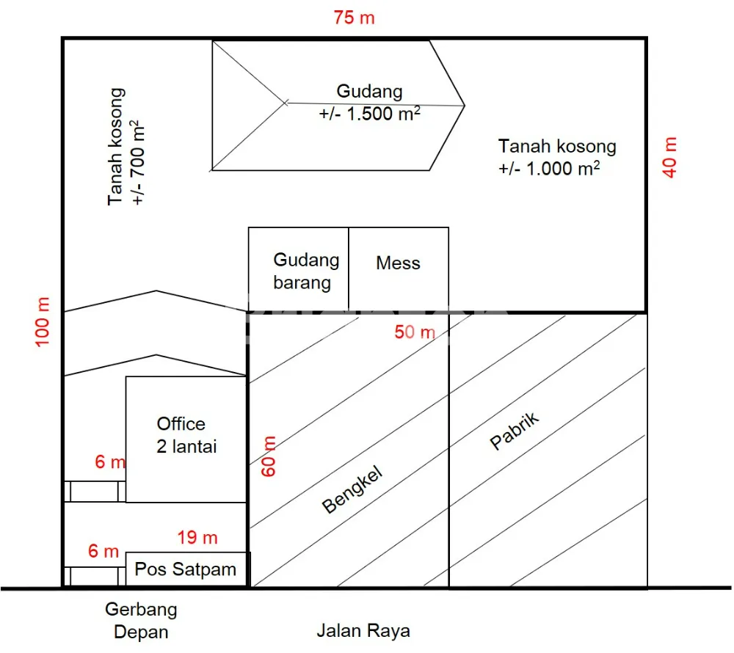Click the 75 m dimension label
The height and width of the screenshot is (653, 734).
point(354,18)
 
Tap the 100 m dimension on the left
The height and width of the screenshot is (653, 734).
point(42,322)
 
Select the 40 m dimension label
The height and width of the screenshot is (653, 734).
point(669,157)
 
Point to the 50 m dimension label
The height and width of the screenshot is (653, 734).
point(415,332)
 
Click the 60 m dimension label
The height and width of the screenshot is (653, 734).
point(268,456)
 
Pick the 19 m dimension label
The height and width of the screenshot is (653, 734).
point(197,538)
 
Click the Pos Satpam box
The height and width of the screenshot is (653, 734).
point(186,569)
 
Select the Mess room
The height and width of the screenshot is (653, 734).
point(399,269)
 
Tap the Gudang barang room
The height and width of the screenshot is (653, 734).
point(298,269)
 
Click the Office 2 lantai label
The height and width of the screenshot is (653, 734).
point(186,435)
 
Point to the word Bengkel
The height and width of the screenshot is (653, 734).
point(352,489)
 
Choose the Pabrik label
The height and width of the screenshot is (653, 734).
point(514,431)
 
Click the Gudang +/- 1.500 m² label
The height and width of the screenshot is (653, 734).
point(369,103)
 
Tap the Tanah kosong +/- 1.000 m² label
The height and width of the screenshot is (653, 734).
point(557,157)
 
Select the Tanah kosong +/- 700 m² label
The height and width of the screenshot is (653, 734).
point(125,147)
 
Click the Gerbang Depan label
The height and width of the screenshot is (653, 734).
point(141,620)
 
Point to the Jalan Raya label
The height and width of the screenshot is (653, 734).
point(363,630)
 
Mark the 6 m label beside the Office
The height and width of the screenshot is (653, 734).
point(110,462)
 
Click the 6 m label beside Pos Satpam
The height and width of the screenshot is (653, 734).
point(103,551)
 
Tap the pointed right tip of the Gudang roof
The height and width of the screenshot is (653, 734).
point(465,106)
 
